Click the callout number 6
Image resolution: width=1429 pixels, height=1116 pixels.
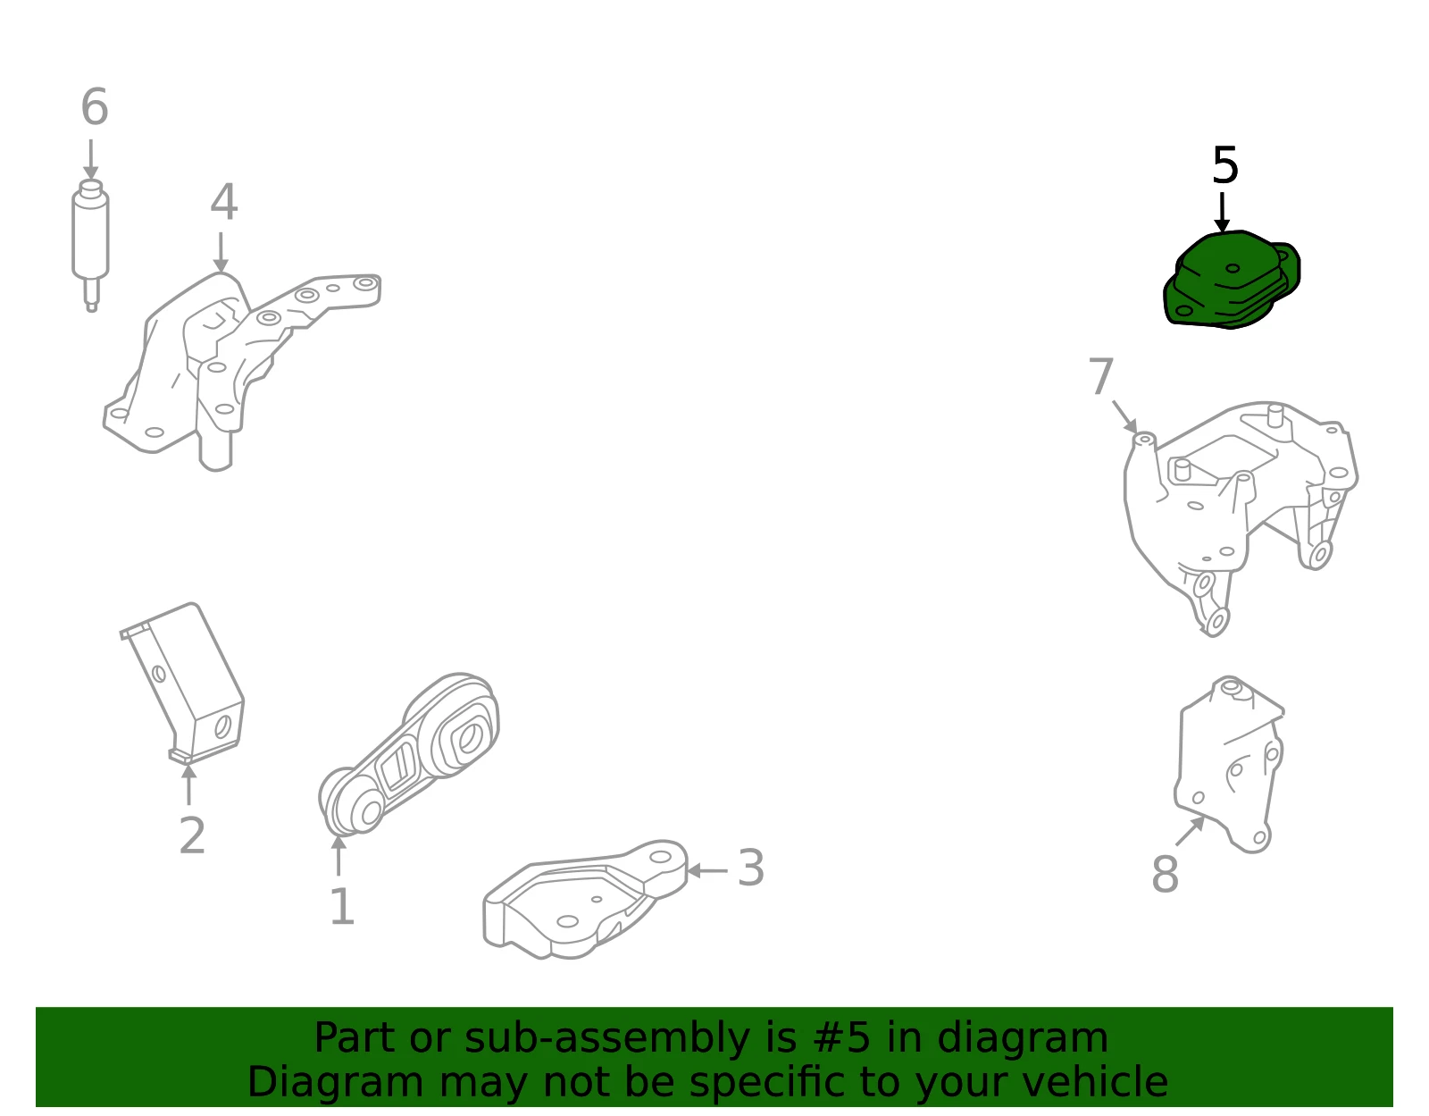coord(95,106)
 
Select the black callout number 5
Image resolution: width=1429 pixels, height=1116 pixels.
coord(1225,165)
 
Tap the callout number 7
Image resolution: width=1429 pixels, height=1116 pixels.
coord(1101,376)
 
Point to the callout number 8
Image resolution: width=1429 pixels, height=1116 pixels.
coord(1166,874)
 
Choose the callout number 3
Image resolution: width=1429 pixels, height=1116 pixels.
coord(751,868)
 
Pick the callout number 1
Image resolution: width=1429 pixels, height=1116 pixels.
coord(342,907)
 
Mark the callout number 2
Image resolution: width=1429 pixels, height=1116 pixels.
coord(192,835)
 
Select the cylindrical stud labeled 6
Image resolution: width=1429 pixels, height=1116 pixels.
coord(91,245)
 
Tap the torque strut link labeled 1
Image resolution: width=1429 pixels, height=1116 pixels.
coord(409,754)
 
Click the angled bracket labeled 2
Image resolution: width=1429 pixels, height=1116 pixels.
coord(183,684)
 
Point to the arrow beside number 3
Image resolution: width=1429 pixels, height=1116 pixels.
coord(707,870)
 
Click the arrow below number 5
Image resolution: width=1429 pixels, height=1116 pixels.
coord(1222,213)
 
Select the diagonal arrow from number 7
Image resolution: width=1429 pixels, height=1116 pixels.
coord(1125,417)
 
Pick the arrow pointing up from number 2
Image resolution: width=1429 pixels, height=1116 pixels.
coord(188,785)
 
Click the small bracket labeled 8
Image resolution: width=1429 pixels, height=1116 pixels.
coord(1229,765)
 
